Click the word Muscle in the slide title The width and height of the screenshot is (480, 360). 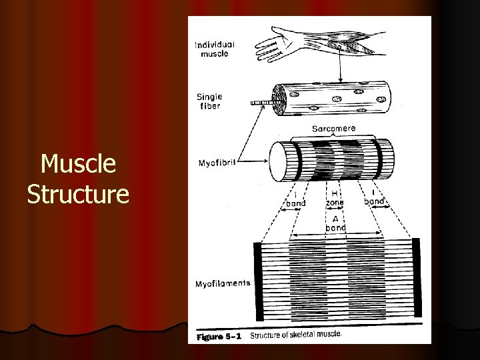coord(78,164)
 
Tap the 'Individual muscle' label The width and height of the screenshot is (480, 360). coord(214,49)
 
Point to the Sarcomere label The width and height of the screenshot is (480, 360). coord(333,128)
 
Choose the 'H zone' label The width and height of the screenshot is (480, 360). coord(335,197)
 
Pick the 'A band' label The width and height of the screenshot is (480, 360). coord(335,222)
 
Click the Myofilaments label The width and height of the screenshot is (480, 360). coord(223,283)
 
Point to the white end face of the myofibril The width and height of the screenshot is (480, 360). coord(279,161)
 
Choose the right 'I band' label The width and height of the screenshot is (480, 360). coord(374,198)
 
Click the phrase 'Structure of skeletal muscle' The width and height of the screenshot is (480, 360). coord(295,335)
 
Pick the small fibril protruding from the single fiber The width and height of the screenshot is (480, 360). coord(262,103)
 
